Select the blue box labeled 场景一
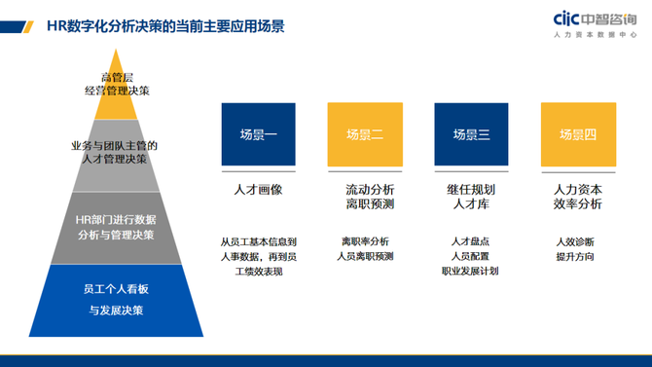coord(258,134)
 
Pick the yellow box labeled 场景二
coord(365,134)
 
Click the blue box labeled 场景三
coord(471,134)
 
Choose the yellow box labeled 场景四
coord(578,134)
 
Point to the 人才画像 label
coord(258,190)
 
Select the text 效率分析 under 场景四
coord(578,205)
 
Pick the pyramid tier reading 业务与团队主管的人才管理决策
coord(114,152)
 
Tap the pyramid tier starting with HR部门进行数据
coord(115,227)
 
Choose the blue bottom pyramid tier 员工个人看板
coord(115,300)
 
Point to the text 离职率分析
coord(365,241)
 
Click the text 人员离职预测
coord(365,257)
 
